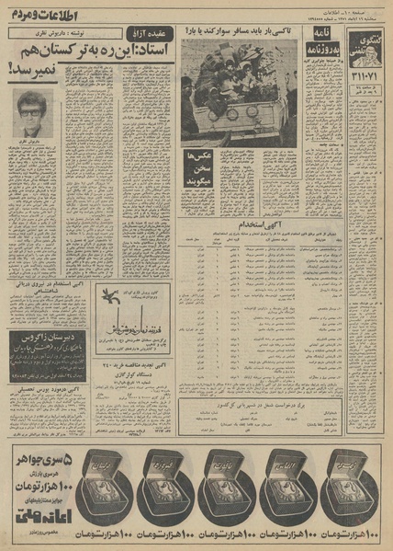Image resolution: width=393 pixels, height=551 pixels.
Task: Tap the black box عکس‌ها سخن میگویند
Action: (x=202, y=166)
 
